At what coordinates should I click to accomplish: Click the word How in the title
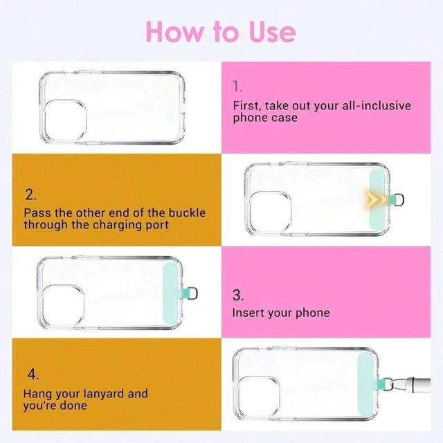click(174, 32)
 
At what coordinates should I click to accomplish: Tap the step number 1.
click(237, 86)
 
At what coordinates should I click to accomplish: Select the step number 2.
click(30, 195)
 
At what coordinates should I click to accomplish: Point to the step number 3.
click(238, 296)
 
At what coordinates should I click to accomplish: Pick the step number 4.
click(33, 374)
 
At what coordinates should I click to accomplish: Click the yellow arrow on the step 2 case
click(376, 200)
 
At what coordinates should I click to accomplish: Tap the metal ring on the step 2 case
click(399, 200)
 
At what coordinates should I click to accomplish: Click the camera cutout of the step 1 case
click(65, 120)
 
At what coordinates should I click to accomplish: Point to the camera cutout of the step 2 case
click(270, 212)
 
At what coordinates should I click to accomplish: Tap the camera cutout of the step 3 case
click(63, 306)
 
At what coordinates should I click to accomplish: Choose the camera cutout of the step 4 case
click(259, 397)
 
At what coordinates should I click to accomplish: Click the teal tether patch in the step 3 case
click(170, 293)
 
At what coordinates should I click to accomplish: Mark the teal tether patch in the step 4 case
click(365, 384)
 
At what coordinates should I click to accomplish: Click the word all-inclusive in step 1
click(377, 106)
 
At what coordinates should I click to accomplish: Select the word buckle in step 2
click(187, 213)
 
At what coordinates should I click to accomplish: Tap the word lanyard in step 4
click(102, 394)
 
